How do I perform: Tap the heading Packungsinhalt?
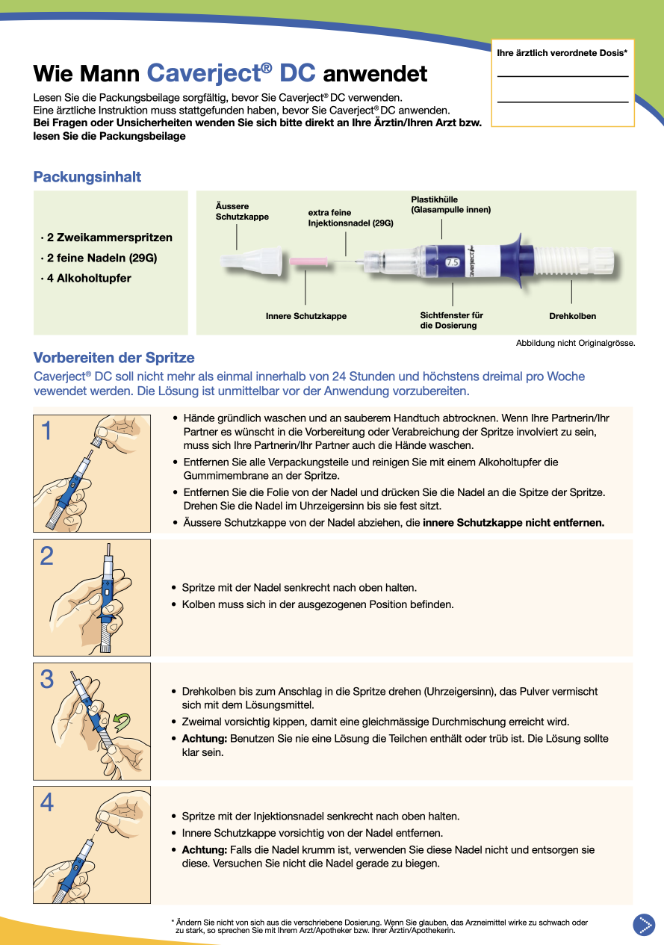87,177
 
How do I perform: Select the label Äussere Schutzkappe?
242,211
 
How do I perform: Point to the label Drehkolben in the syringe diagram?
572,317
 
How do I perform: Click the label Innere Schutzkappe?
306,317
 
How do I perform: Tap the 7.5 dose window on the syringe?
453,262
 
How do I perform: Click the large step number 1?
47,431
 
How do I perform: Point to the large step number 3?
47,679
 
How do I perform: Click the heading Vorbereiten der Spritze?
114,358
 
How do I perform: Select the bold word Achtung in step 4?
205,850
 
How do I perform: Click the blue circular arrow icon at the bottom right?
644,924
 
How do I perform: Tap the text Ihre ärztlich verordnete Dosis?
562,53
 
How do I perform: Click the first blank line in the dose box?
562,76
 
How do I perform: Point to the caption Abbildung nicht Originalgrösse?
575,343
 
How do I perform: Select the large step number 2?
47,556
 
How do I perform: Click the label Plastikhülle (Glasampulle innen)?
450,205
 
